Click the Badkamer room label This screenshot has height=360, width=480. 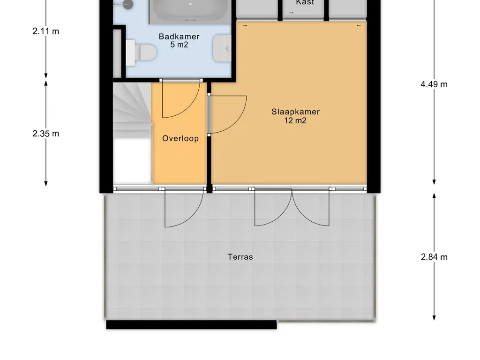pyautogui.click(x=179, y=37)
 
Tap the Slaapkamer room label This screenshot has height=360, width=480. pyautogui.click(x=295, y=112)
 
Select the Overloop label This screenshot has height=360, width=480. pyautogui.click(x=180, y=138)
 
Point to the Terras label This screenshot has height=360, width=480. pyautogui.click(x=240, y=257)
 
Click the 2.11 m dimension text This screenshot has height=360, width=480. pyautogui.click(x=46, y=31)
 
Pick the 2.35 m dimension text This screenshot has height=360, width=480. pyautogui.click(x=46, y=134)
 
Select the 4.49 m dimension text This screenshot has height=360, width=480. pyautogui.click(x=434, y=84)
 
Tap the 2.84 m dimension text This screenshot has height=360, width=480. pyautogui.click(x=434, y=257)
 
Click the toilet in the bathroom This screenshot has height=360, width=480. pyautogui.click(x=141, y=52)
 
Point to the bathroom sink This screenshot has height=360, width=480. pyautogui.click(x=222, y=48)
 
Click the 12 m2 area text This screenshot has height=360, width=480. pyautogui.click(x=295, y=120)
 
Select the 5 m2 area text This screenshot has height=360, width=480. pyautogui.click(x=179, y=45)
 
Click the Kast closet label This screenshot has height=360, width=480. pyautogui.click(x=305, y=2)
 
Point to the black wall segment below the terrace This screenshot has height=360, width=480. pyautogui.click(x=191, y=325)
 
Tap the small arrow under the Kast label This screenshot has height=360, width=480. pyautogui.click(x=291, y=13)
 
